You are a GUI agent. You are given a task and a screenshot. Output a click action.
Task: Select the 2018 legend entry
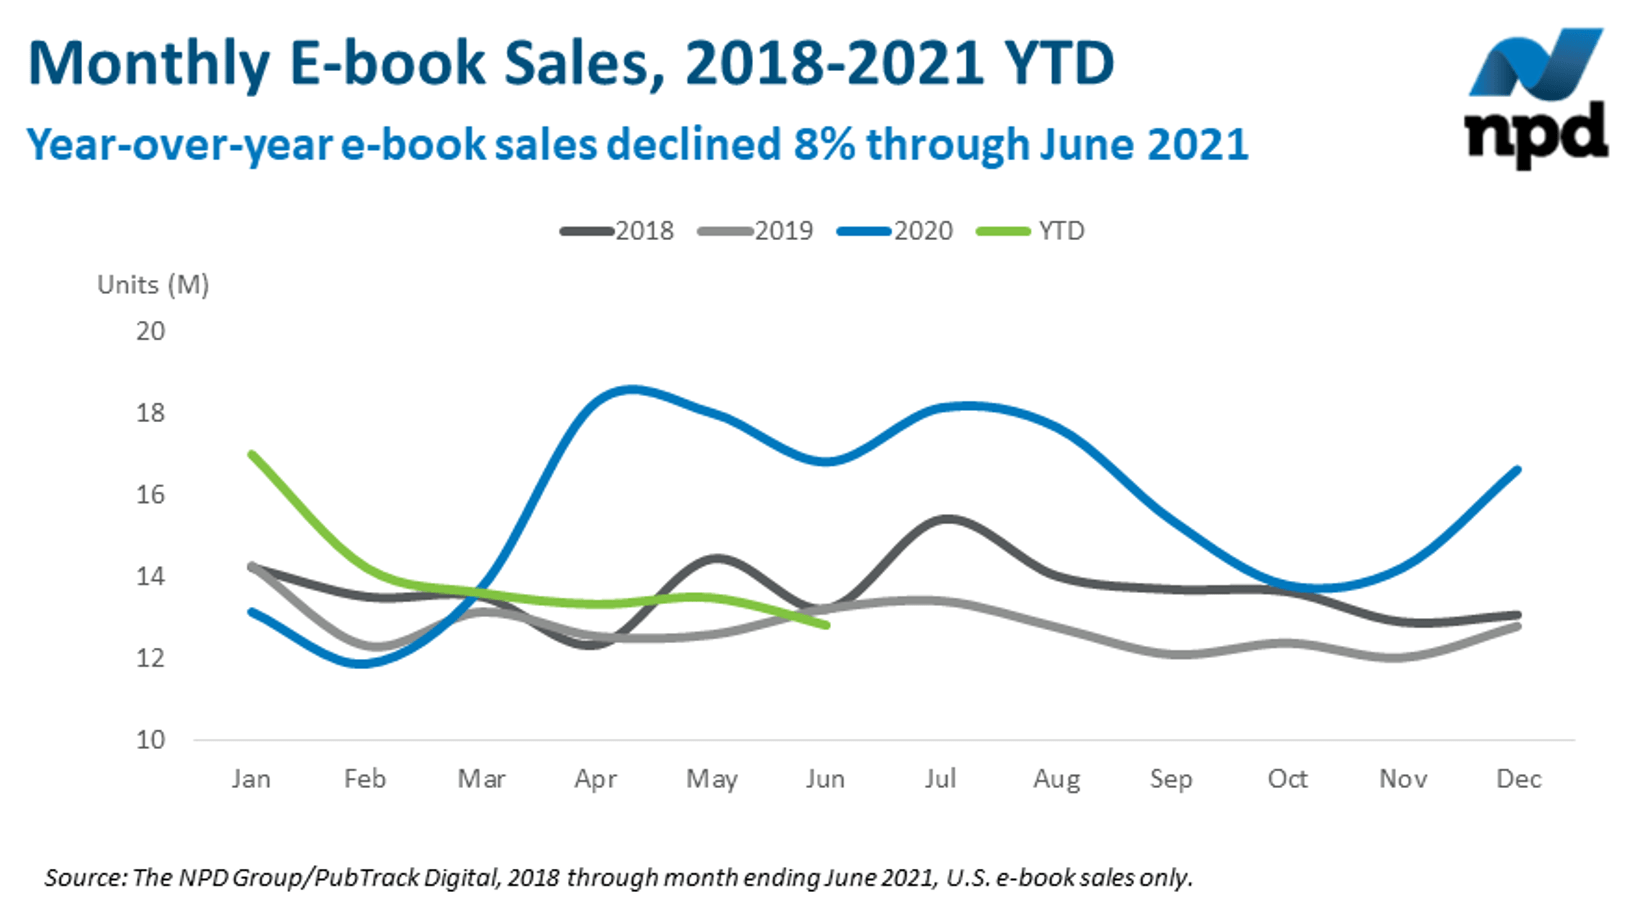[617, 231]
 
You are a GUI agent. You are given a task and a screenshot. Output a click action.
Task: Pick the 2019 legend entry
[756, 231]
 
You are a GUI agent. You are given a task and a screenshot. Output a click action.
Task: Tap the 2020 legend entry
[896, 231]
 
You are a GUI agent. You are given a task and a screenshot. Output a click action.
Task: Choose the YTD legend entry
[1031, 231]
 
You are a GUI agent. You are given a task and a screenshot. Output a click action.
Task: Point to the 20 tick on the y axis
[150, 331]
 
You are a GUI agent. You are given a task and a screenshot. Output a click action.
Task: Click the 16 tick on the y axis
[150, 495]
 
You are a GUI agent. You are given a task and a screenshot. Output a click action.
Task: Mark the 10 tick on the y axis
[150, 740]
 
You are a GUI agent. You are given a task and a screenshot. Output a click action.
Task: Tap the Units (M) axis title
[153, 285]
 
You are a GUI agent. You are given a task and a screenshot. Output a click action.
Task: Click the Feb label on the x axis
[365, 779]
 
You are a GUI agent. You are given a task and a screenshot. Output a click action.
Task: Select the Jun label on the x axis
[825, 779]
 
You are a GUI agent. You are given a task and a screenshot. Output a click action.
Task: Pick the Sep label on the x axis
[1171, 779]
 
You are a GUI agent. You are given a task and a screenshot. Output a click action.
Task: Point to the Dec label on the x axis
[1518, 779]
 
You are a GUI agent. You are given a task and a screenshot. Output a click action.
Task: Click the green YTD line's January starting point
[251, 454]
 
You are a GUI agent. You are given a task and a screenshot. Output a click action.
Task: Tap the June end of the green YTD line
[826, 625]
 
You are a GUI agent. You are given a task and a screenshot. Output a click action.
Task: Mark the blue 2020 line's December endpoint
[1518, 469]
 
